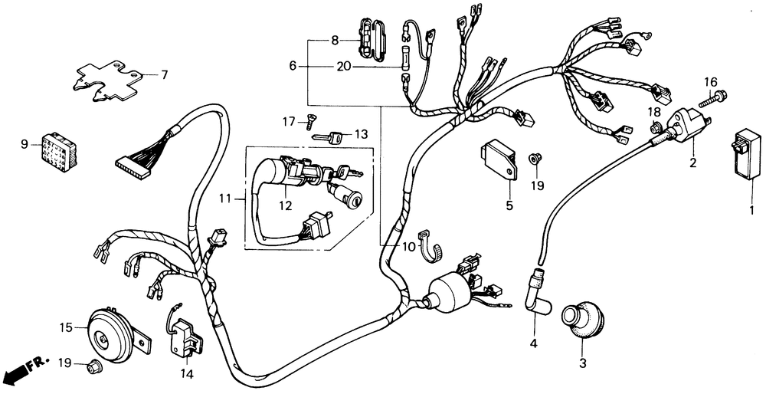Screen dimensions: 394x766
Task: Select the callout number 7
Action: (x=164, y=75)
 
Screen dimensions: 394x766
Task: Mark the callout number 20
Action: (x=343, y=67)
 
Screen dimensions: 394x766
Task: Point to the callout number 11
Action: (x=223, y=198)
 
